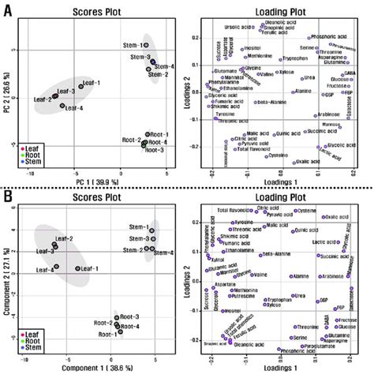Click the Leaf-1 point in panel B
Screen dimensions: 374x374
[x=77, y=268]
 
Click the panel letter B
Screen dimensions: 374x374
[x=8, y=195]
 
